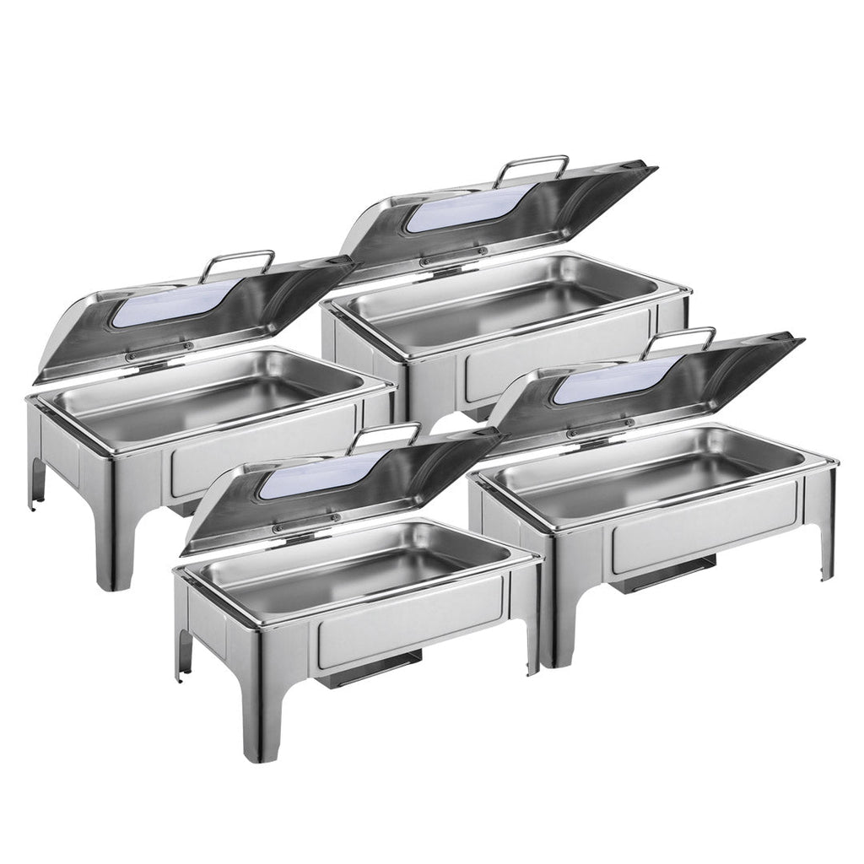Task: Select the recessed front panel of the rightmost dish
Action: pyautogui.click(x=705, y=526)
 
